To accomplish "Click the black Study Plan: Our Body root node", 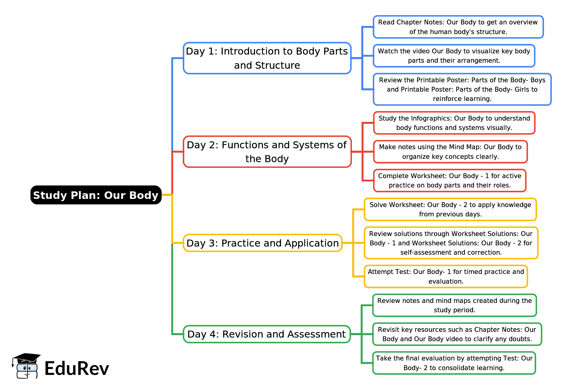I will pyautogui.click(x=96, y=195).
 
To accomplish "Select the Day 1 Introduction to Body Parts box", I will pyautogui.click(x=267, y=58).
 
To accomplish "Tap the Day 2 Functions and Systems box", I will pyautogui.click(x=267, y=152).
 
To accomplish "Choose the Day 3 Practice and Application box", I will pyautogui.click(x=262, y=243).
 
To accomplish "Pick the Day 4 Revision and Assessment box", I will pyautogui.click(x=267, y=334).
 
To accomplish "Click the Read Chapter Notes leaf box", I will pyautogui.click(x=458, y=27).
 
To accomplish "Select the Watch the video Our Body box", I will pyautogui.click(x=454, y=56).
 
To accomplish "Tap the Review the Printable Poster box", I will pyautogui.click(x=462, y=89).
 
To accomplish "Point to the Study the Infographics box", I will pyautogui.click(x=454, y=123).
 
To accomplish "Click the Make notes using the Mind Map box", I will pyautogui.click(x=450, y=152).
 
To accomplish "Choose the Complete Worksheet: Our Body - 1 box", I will pyautogui.click(x=449, y=181).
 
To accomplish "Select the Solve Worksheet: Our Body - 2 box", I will pyautogui.click(x=450, y=209).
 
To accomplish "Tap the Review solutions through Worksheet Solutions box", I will pyautogui.click(x=451, y=243).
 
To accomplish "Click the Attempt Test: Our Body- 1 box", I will pyautogui.click(x=446, y=276).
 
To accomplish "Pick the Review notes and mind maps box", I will pyautogui.click(x=454, y=305).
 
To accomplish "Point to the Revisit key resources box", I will pyautogui.click(x=457, y=334).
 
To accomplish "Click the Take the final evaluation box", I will pyautogui.click(x=454, y=363).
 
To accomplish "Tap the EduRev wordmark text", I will pyautogui.click(x=77, y=368).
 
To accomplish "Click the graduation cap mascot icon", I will pyautogui.click(x=26, y=366).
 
